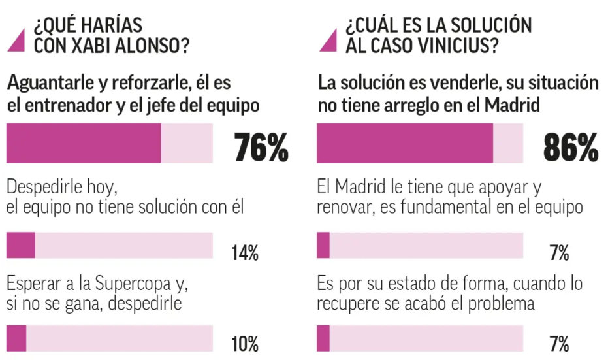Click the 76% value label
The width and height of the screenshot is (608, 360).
coord(261,148)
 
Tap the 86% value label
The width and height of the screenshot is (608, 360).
coord(571,148)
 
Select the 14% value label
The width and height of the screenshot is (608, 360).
coord(245,253)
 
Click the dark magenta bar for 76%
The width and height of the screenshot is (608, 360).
coord(84,144)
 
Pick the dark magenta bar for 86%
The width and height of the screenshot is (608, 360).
coord(405,144)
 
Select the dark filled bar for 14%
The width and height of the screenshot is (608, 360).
coord(20,246)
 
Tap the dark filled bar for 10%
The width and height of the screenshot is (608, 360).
coord(16,338)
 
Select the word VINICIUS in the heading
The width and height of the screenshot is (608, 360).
coord(453,46)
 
